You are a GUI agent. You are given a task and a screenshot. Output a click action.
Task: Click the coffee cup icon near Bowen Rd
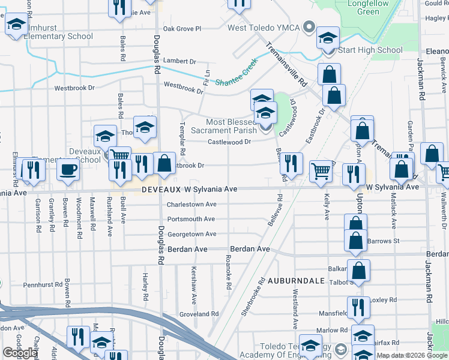coord(68,169)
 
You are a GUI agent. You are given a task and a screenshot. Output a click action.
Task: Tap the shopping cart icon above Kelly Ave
coord(321,170)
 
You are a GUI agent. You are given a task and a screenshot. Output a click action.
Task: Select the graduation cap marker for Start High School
coord(328,38)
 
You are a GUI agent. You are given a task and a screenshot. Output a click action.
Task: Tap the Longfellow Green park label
coord(364,7)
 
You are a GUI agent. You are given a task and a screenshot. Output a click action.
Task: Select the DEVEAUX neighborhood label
coord(161,190)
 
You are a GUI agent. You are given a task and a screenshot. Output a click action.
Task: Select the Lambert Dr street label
coord(179,61)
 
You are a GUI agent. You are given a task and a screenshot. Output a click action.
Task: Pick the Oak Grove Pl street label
coord(181,28)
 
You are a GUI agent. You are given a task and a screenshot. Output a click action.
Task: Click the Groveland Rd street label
coord(199,314)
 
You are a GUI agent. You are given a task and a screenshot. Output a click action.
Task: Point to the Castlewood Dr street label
coord(229,142)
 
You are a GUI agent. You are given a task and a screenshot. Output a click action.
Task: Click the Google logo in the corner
coord(20,352)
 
